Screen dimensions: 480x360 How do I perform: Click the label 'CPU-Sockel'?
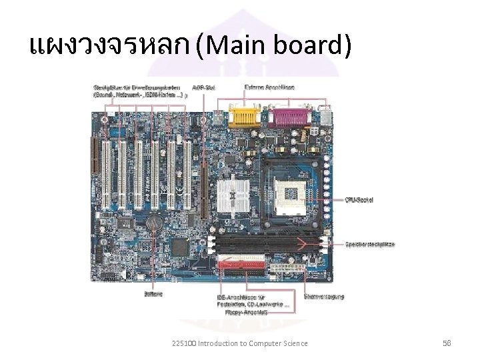pyautogui.click(x=359, y=199)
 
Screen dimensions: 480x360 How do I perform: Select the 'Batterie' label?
pyautogui.click(x=153, y=293)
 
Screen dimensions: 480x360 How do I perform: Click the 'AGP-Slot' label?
pyautogui.click(x=203, y=87)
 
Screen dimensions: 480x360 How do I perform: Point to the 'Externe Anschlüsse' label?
pyautogui.click(x=269, y=87)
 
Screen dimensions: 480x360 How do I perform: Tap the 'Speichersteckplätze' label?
pyautogui.click(x=369, y=244)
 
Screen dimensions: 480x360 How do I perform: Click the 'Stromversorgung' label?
pyautogui.click(x=324, y=296)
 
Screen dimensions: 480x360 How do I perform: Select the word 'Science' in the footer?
pyautogui.click(x=294, y=343)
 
